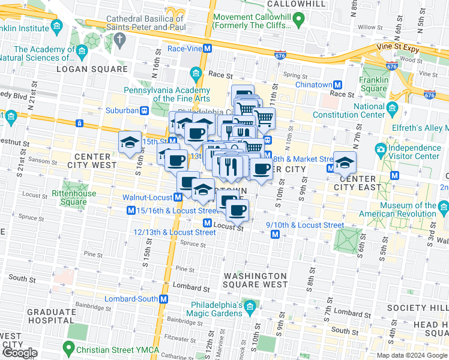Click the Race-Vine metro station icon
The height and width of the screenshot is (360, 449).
[207, 48]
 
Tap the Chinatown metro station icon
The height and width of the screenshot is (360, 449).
[338, 85]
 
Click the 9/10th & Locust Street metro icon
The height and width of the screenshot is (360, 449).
[275, 234]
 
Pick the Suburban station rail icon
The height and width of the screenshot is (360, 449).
[144, 110]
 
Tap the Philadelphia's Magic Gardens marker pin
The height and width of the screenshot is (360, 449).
[250, 308]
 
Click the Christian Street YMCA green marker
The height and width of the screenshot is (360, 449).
[70, 347]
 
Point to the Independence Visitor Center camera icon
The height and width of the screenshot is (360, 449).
[381, 149]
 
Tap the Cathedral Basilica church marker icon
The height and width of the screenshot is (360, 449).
[119, 40]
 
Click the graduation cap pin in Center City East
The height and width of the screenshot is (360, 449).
[345, 162]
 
